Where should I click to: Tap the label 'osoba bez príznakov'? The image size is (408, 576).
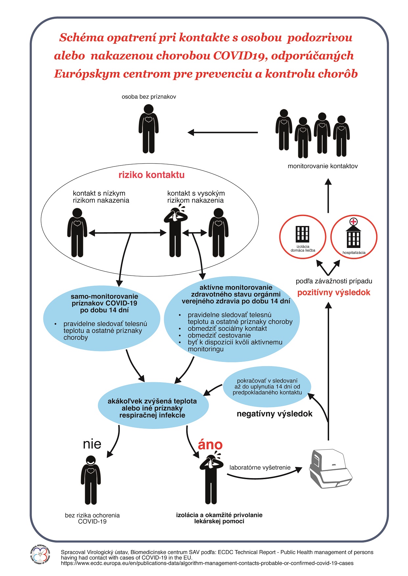pos(149,97)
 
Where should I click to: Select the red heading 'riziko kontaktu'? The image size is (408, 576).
pos(151,175)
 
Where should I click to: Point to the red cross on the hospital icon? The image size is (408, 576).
pos(353,221)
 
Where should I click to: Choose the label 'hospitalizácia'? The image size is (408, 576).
pos(354,253)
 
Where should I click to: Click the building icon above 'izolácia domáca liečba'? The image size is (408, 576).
pos(302,233)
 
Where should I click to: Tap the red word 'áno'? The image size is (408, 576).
pos(210,445)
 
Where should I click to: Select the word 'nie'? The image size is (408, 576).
pos(92,444)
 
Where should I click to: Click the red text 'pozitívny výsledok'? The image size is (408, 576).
pos(334,293)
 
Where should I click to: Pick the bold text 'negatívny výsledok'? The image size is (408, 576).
pos(275,414)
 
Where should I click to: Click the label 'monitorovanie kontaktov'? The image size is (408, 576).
pos(323,166)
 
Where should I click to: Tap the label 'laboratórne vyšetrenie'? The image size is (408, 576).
pos(260,467)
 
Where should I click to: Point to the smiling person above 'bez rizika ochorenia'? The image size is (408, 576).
pos(91,479)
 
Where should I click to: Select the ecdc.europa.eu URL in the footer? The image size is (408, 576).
pos(207,563)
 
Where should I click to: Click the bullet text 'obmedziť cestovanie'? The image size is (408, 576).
pos(219,335)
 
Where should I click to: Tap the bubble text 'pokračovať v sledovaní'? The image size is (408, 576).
pos(267,381)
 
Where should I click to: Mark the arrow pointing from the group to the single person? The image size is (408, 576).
pos(223,133)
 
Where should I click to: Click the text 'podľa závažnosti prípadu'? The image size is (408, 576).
pos(334,281)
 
